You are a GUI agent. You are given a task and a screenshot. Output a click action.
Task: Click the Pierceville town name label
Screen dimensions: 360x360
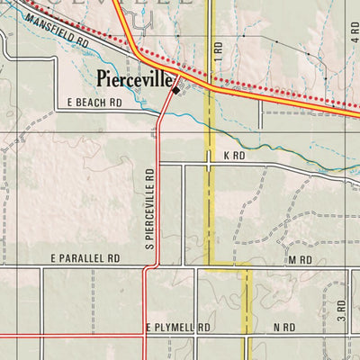tap(135, 79)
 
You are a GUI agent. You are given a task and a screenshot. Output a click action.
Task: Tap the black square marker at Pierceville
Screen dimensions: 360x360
tap(175, 88)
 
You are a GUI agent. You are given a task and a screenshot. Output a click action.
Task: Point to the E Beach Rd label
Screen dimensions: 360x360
tap(94, 103)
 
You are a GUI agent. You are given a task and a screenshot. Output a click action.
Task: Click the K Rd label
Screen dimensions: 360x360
tap(234, 156)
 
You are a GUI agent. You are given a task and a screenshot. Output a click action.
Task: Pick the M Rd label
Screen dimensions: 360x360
tap(300, 259)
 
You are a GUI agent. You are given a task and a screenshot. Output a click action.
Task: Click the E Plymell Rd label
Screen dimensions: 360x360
tap(177, 328)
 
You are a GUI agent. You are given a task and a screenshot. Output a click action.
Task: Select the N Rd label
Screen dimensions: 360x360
tap(285, 328)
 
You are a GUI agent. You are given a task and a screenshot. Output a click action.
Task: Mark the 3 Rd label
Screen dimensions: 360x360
tap(341, 311)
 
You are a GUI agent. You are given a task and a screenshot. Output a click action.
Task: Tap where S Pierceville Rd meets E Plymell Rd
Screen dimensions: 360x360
tap(145, 335)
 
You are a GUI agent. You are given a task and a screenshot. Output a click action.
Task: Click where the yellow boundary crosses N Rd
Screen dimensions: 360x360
tap(247, 335)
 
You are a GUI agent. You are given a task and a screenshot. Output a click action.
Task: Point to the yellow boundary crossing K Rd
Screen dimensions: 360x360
tap(209, 164)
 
